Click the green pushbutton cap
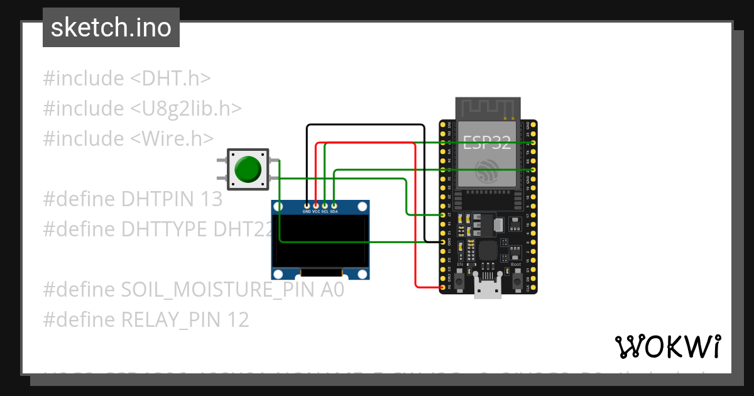(x=248, y=168)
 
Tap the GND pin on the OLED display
(x=307, y=206)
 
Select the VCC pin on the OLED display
(x=316, y=206)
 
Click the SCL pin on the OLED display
(x=325, y=206)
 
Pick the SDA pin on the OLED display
(x=334, y=206)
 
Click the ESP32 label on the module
(x=488, y=141)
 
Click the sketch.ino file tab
(x=111, y=28)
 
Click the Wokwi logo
(x=667, y=346)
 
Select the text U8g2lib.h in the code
(x=186, y=108)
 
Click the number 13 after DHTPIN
(x=212, y=199)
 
